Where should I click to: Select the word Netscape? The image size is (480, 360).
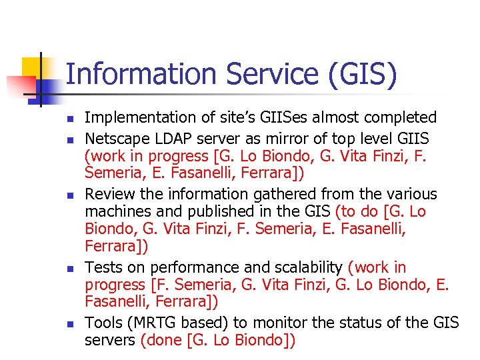[x=117, y=139]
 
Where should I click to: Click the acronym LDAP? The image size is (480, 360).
[x=175, y=139]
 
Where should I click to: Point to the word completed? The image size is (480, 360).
[x=401, y=118]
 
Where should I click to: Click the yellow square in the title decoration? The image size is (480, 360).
[x=33, y=67]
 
